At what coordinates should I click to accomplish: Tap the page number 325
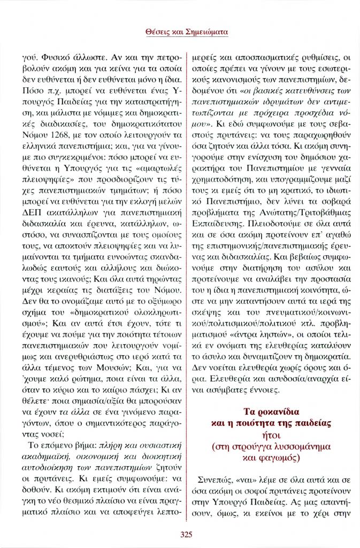click(x=180, y=534)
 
